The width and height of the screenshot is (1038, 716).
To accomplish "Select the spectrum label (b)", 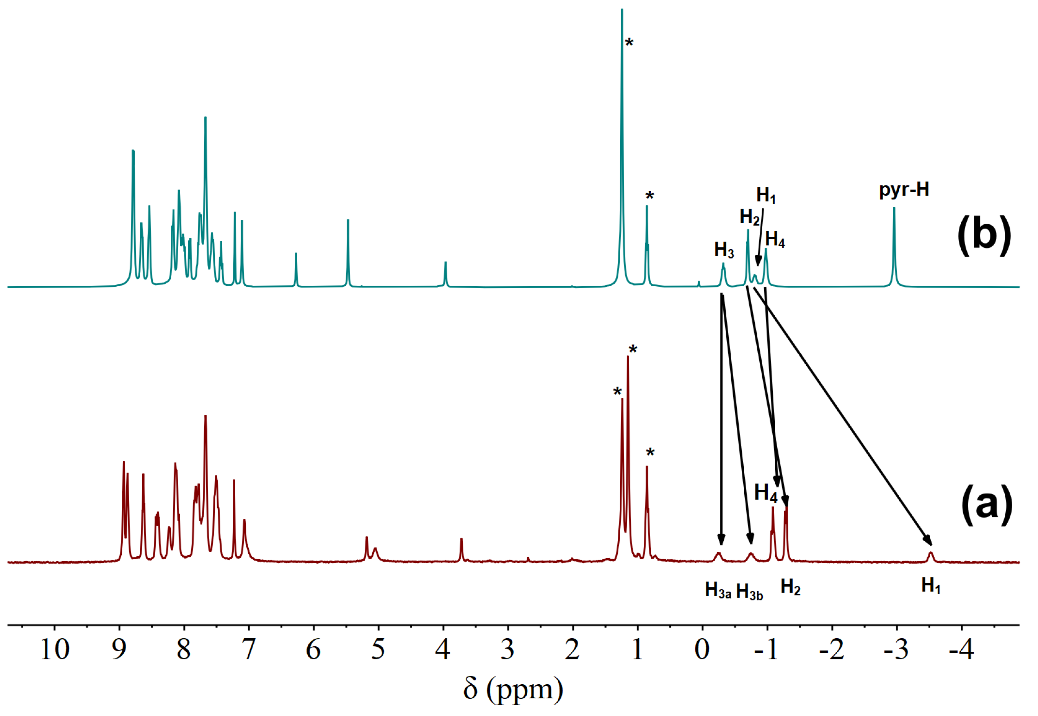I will [x=984, y=235].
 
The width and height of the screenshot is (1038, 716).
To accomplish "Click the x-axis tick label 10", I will [x=55, y=649].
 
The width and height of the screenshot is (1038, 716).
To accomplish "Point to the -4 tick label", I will [x=961, y=649].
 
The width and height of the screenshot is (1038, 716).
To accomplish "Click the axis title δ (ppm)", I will [x=513, y=690].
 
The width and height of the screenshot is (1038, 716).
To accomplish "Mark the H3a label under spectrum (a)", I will [x=718, y=590].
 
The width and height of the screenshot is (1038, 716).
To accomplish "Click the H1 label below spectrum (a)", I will [x=931, y=586].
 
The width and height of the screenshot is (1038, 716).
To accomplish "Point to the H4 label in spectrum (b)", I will [x=775, y=240].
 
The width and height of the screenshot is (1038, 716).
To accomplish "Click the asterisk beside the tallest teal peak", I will [x=629, y=43].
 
